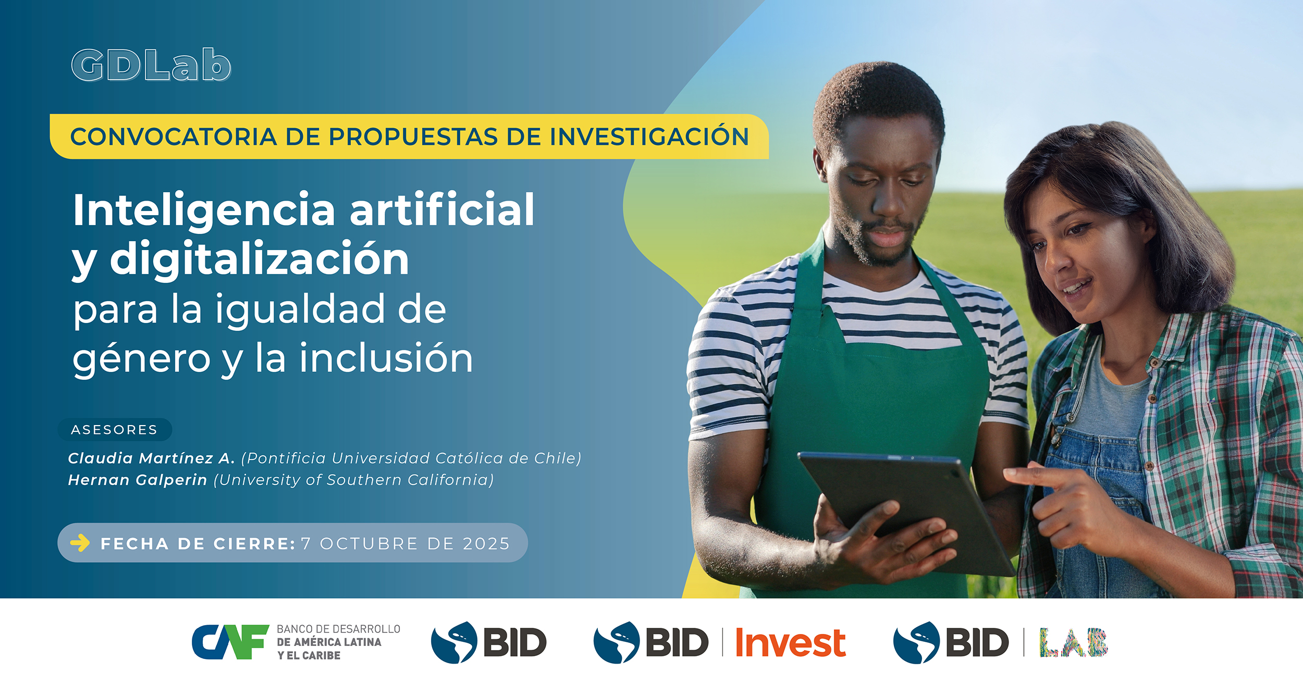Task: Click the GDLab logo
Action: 151,65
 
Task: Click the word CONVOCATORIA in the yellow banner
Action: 174,137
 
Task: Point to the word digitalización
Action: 260,259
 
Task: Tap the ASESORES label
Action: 114,430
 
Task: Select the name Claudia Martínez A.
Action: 152,458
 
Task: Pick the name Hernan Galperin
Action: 138,480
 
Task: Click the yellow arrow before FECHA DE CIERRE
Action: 80,543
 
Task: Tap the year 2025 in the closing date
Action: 486,543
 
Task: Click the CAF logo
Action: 230,642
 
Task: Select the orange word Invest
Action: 790,643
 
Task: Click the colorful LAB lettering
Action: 1074,642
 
